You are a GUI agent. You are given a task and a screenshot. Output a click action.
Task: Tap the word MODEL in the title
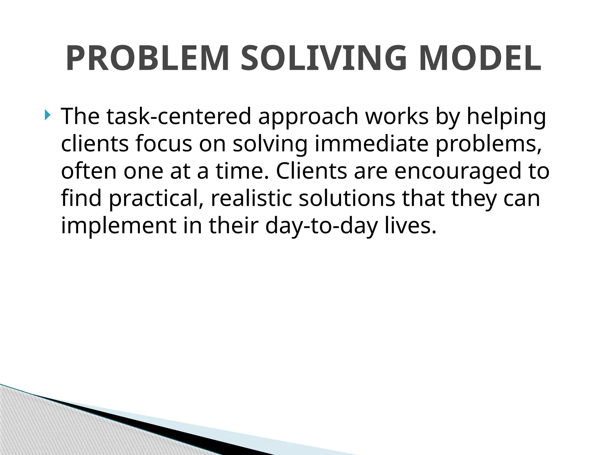[x=480, y=58]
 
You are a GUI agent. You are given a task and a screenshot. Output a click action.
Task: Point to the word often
[x=89, y=171]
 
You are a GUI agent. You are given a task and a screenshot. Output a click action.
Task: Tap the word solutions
[x=347, y=198]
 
